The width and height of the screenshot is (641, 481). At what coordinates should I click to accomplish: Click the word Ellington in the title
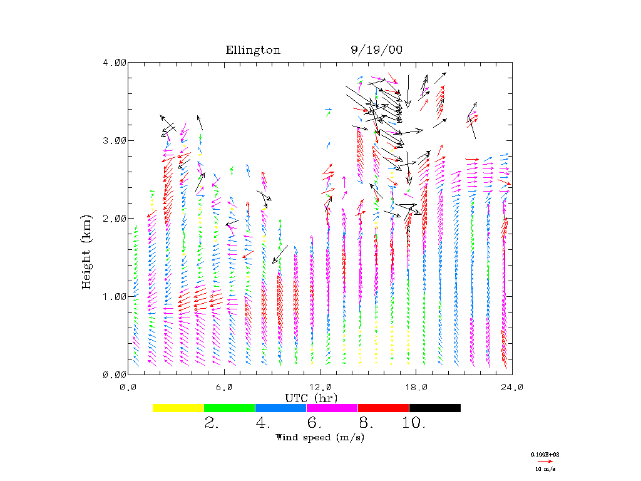[x=253, y=50]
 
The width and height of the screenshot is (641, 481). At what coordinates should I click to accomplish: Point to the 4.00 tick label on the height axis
[x=115, y=62]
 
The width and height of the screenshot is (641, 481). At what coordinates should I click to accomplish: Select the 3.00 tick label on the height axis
[x=115, y=140]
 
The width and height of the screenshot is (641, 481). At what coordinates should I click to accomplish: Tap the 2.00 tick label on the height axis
[x=115, y=218]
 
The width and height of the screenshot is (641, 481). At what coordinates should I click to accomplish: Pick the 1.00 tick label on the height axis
[x=115, y=296]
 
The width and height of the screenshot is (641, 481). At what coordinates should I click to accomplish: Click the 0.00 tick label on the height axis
[x=115, y=375]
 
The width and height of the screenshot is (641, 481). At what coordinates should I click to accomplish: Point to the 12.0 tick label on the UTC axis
[x=320, y=387]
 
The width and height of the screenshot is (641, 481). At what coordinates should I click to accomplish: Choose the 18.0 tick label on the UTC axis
[x=416, y=387]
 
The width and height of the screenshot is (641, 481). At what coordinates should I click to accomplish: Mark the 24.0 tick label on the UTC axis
[x=511, y=387]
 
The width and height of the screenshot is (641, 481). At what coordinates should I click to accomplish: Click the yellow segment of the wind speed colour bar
[x=178, y=408]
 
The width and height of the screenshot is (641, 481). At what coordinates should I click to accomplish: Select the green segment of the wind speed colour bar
[x=230, y=408]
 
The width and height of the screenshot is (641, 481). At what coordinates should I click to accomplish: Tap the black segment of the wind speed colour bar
[x=435, y=408]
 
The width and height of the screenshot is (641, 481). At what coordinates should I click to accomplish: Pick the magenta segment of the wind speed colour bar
[x=332, y=408]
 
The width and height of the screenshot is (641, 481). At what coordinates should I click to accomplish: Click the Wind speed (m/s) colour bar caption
[x=320, y=437]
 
